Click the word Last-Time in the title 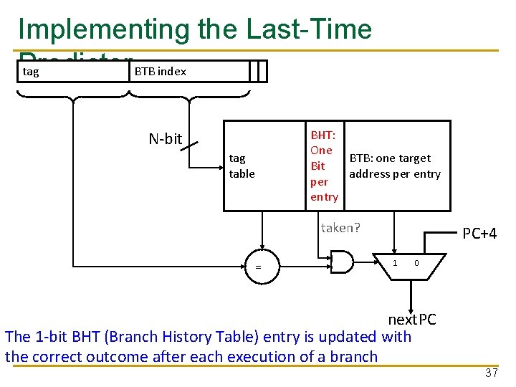[x=309, y=29]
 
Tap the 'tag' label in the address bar [x=31, y=71]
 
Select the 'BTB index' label [x=160, y=71]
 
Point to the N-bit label [x=165, y=139]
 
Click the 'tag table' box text [x=242, y=166]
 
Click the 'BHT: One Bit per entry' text [x=323, y=166]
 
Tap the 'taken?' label [x=340, y=228]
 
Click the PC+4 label [x=479, y=234]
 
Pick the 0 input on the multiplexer [x=416, y=263]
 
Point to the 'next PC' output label [x=411, y=319]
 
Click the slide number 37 [x=491, y=373]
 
